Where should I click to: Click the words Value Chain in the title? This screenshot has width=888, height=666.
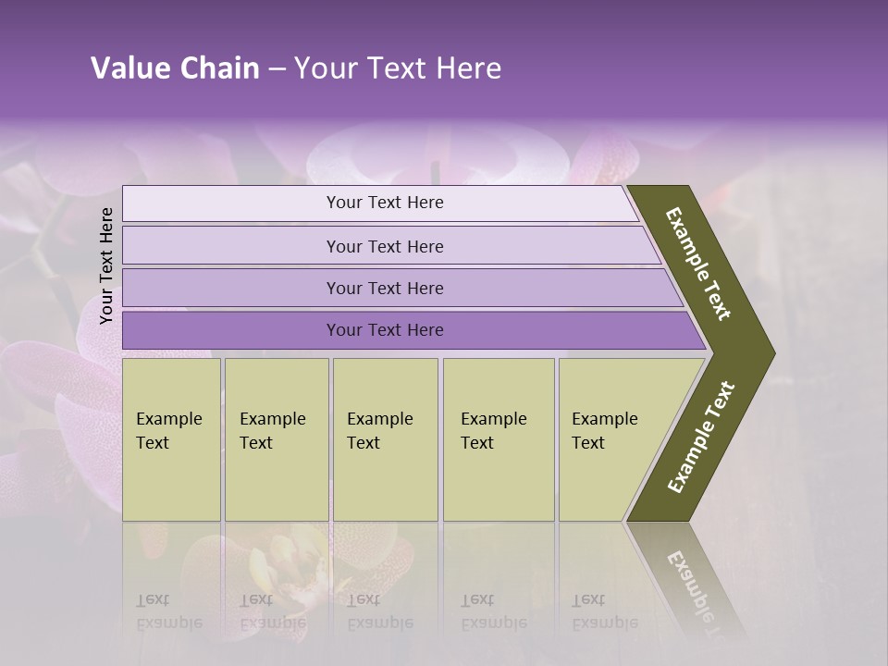[175, 68]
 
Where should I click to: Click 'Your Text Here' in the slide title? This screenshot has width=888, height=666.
[398, 68]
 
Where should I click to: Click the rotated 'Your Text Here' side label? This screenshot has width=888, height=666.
[106, 265]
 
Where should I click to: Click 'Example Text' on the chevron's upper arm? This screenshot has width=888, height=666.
[698, 264]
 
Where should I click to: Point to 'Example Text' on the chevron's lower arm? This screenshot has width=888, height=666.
[701, 438]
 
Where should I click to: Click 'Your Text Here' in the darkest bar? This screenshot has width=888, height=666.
[385, 330]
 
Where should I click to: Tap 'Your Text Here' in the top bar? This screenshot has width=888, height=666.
[385, 203]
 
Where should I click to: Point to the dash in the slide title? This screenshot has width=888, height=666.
[277, 69]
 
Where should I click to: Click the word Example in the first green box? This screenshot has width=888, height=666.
[168, 419]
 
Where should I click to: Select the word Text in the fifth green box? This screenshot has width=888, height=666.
[588, 443]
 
